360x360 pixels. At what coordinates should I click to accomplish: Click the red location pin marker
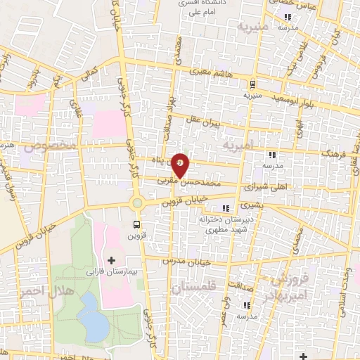tap(181, 165)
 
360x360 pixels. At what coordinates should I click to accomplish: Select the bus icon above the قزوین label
tap(136, 225)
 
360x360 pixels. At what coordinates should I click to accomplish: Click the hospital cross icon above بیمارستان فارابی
tap(111, 260)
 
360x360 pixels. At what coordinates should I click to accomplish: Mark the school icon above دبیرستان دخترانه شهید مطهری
tap(225, 208)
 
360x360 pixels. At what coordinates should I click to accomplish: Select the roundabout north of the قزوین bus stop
tap(138, 204)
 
